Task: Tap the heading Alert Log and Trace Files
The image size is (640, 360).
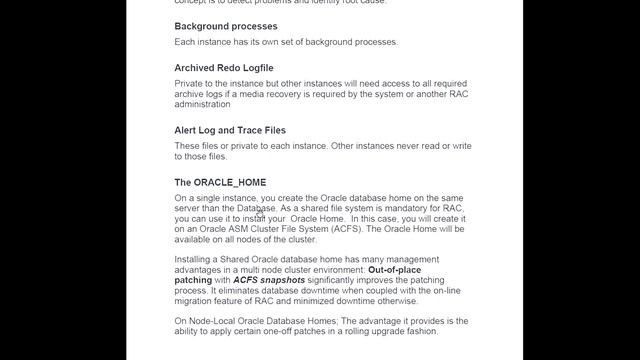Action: (230, 130)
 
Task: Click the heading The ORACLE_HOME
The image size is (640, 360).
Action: (220, 183)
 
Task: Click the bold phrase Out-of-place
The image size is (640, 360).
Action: (408, 270)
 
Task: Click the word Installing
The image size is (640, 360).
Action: (198, 259)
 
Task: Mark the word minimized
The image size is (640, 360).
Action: (331, 302)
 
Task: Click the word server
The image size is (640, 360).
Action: (191, 208)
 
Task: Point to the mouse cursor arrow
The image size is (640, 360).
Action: (259, 212)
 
